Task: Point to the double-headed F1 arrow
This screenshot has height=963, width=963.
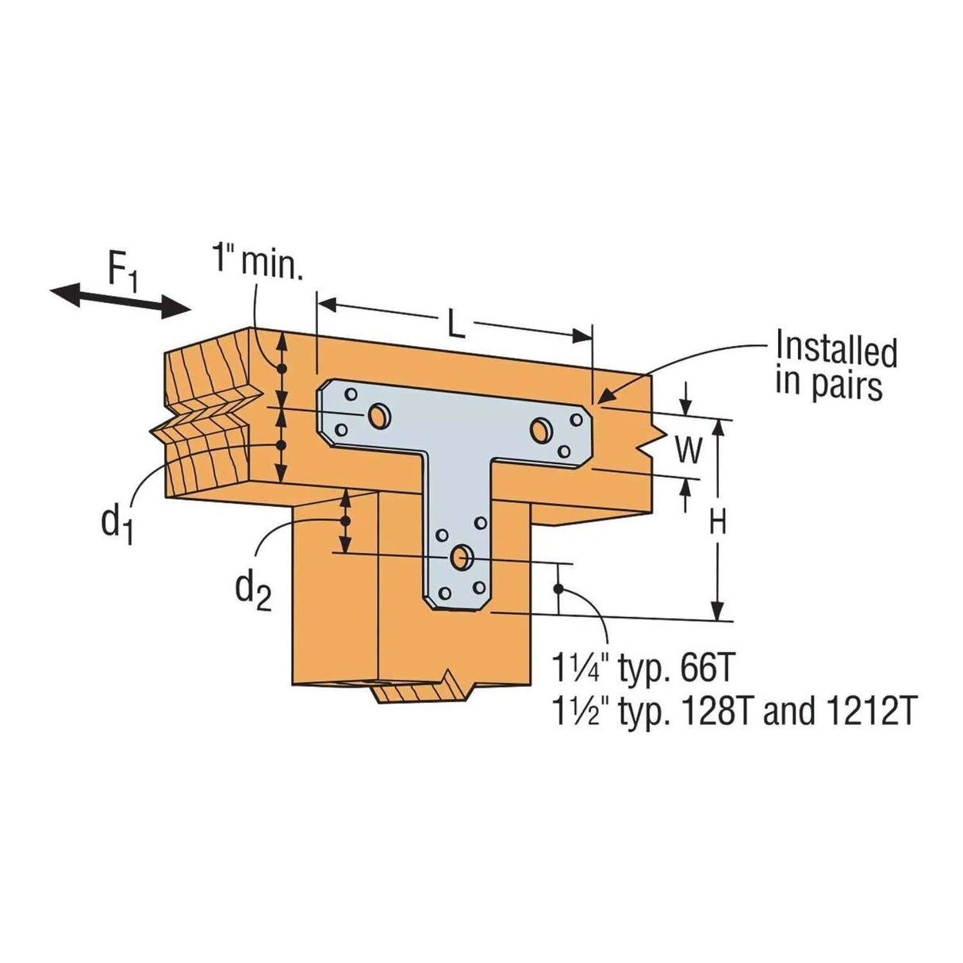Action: [x=121, y=301]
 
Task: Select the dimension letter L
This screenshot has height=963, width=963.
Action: [x=454, y=326]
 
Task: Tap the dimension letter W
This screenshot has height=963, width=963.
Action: [x=688, y=451]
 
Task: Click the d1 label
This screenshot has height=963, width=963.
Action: [x=116, y=522]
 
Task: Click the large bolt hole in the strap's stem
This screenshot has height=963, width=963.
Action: [x=459, y=558]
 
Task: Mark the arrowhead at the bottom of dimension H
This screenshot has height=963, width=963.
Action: [x=717, y=611]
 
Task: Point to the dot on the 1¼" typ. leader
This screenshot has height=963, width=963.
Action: [x=558, y=588]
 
